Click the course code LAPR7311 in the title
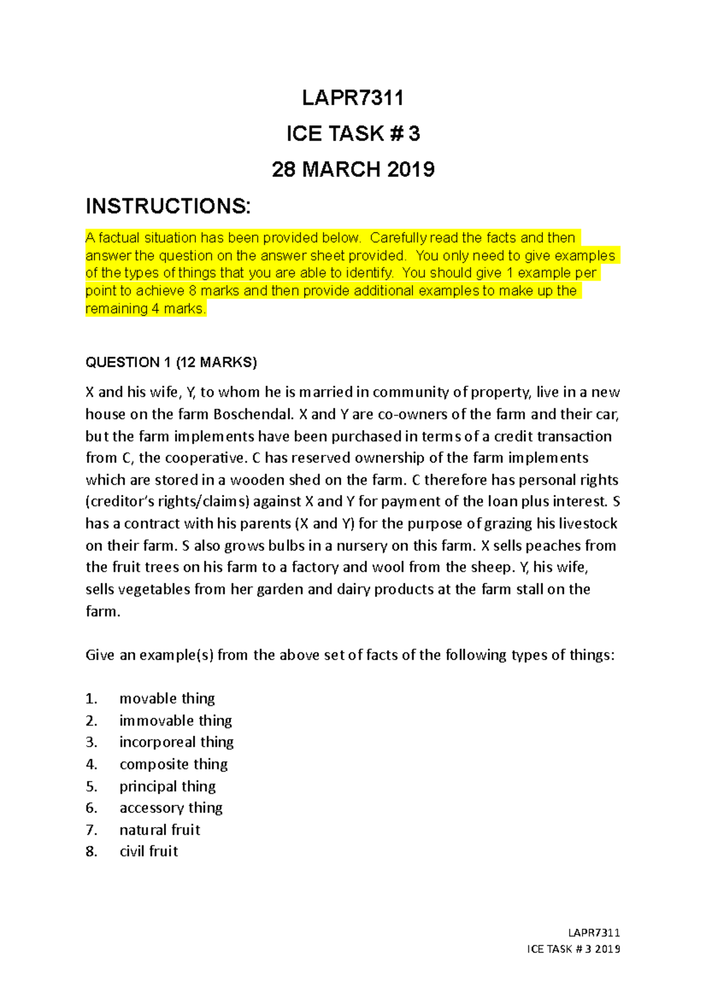coord(352,98)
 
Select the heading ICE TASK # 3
coord(353,134)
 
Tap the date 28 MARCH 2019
coord(353,170)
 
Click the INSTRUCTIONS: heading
coord(168,206)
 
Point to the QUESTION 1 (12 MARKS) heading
coord(171,362)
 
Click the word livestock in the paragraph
coord(588,524)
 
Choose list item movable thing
coord(167,698)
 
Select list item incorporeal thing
coord(176,742)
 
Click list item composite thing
coord(174,764)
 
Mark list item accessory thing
coord(171,808)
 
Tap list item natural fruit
coord(159,830)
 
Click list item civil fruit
coord(148,852)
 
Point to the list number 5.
coord(91,786)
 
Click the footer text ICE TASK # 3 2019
coord(574,949)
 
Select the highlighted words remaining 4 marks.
coord(145,309)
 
